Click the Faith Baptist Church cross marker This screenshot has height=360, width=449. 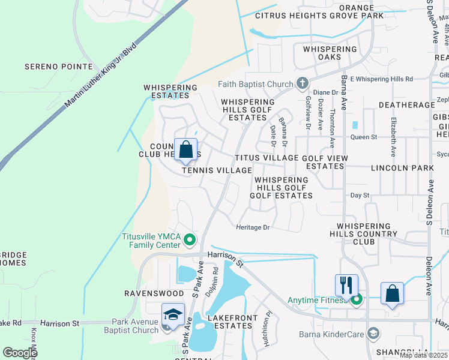(303, 83)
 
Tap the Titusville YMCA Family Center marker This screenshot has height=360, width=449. (190, 241)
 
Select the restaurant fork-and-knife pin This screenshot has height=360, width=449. (346, 285)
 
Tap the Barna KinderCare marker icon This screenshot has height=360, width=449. (373, 333)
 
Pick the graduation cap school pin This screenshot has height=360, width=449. (172, 314)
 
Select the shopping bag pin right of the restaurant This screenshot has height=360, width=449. (392, 293)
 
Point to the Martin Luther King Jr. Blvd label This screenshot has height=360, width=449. (100, 75)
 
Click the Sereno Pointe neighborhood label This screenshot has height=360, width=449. (58, 67)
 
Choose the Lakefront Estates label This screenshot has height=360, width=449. (232, 322)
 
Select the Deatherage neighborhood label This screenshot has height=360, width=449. (406, 105)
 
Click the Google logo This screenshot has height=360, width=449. (20, 353)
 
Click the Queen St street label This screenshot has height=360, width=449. (363, 137)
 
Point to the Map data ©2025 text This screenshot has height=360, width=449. (423, 355)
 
